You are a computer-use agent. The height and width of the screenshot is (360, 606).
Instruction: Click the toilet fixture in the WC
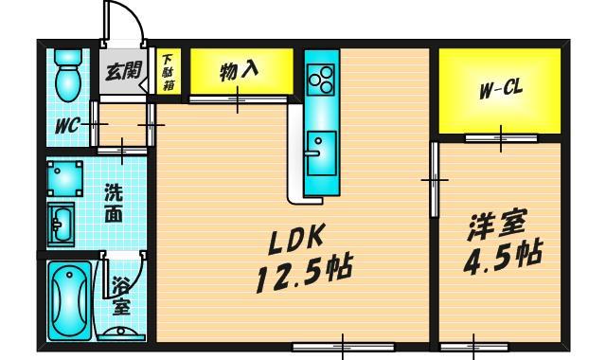pos(68,76)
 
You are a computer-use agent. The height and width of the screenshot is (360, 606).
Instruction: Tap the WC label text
pos(67,126)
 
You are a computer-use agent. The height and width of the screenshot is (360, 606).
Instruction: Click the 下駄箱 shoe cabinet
pos(169,71)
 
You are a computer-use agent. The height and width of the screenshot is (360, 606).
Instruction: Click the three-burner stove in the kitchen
pos(321,80)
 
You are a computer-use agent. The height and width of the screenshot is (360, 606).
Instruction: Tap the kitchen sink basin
pos(322,153)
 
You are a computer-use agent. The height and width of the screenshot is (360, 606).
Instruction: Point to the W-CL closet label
pos(501,91)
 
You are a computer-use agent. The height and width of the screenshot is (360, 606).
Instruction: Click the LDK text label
pos(295,240)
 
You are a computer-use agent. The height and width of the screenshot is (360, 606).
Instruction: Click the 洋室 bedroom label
pos(497,227)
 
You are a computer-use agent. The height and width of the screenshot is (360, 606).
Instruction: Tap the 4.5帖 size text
pos(503,257)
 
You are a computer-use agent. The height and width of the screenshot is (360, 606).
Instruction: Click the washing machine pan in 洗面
pos(65,178)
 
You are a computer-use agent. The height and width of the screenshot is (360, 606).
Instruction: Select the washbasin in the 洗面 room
pos(61,225)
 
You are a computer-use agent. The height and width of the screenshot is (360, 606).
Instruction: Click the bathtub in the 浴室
pos(69,300)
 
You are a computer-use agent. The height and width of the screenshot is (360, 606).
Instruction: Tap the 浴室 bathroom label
pos(121,297)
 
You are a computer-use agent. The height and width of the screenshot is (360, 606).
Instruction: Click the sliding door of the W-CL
pos(501,138)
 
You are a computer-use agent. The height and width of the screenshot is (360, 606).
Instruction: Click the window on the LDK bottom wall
pos(343,347)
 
